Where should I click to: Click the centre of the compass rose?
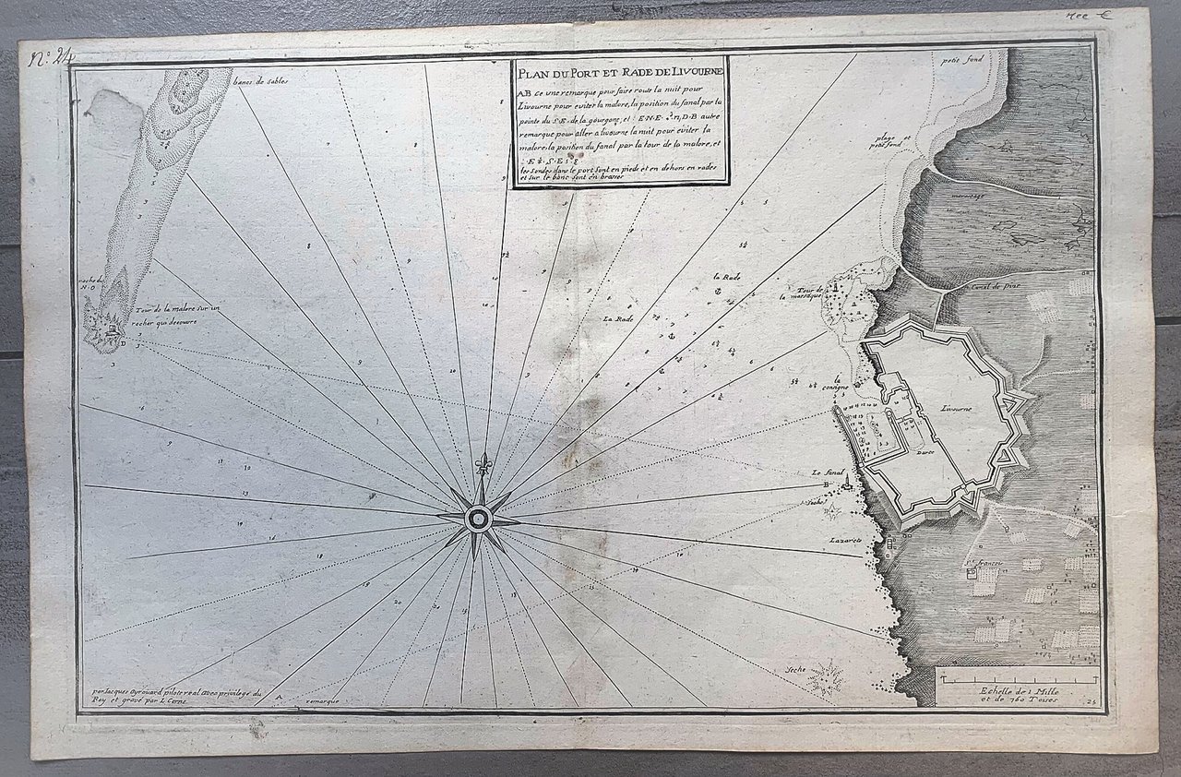tap(479, 518)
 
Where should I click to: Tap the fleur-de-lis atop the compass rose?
tap(482, 463)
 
